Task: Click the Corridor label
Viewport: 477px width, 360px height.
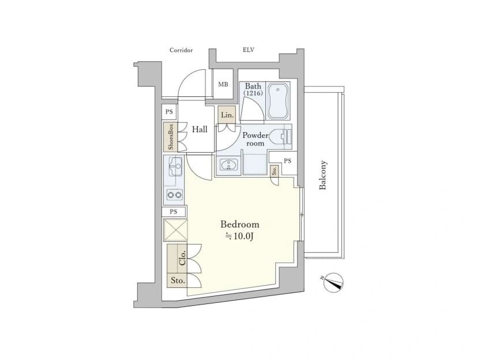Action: tap(181, 50)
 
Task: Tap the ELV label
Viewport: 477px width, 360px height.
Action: tap(249, 50)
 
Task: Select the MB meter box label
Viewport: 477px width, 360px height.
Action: tap(223, 84)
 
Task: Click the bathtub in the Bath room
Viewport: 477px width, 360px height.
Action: tap(278, 102)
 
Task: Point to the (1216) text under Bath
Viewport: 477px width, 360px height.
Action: tap(253, 93)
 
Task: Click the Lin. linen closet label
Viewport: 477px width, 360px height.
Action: tap(227, 115)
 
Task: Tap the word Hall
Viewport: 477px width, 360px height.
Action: tap(200, 129)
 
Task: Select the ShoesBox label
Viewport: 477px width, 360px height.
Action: tap(171, 137)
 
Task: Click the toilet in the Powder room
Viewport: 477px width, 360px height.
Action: tap(281, 136)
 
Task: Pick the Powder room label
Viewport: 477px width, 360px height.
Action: tap(256, 140)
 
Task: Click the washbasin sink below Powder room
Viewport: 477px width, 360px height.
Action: tap(228, 166)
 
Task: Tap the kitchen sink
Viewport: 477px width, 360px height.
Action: tap(175, 167)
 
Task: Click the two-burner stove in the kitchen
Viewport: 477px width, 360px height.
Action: tap(175, 194)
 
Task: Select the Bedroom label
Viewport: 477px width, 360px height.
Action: tap(240, 224)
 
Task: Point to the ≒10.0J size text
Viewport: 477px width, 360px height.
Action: tap(239, 237)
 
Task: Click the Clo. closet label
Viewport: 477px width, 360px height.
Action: tap(182, 258)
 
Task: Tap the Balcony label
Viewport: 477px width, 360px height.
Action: tap(322, 175)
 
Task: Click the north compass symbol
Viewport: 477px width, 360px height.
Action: tap(333, 283)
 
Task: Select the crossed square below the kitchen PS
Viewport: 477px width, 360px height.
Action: tap(175, 230)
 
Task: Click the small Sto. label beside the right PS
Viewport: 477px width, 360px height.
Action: tap(275, 171)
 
